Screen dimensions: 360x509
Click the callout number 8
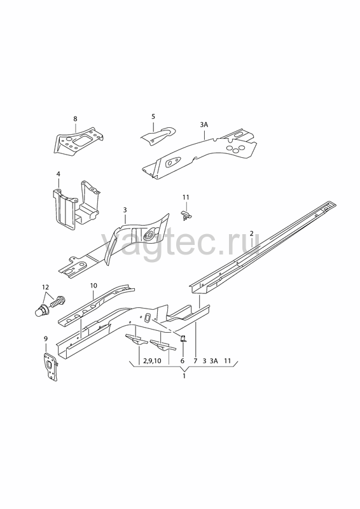point(75,119)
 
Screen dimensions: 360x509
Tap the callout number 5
point(153,116)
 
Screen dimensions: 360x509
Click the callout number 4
point(58,174)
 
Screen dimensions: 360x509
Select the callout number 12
point(45,287)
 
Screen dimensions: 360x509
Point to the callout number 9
point(45,339)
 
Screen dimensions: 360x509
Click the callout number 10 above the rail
point(93,286)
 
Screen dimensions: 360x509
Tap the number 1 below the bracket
point(184,376)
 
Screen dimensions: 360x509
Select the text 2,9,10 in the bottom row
point(152,361)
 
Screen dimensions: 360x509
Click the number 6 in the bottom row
point(182,361)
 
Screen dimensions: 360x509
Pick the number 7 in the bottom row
point(195,361)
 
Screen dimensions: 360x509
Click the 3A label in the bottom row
point(214,361)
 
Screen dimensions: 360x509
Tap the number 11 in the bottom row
point(227,361)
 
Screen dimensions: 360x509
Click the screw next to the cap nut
point(57,301)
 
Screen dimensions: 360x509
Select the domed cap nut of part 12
point(41,310)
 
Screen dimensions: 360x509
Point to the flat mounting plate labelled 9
point(51,366)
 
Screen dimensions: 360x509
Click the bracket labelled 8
point(78,141)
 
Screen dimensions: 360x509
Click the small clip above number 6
point(183,338)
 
